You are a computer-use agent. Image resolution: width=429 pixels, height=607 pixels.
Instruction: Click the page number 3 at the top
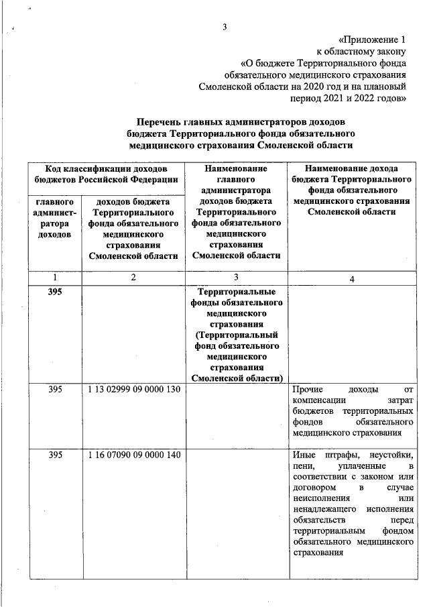225,27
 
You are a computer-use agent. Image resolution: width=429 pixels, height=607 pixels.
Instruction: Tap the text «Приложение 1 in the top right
373,40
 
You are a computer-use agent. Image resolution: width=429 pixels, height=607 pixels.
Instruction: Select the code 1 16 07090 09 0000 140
134,455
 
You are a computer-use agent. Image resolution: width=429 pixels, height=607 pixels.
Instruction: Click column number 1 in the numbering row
55,278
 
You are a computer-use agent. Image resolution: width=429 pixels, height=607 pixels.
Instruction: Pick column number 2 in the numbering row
133,278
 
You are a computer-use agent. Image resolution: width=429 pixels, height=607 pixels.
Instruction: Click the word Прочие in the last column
308,389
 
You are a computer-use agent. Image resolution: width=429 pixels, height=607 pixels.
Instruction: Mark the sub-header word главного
54,201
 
